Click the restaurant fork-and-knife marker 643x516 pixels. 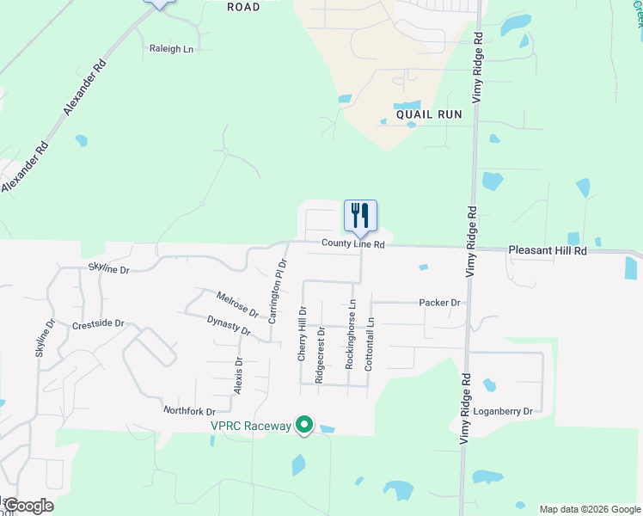[x=360, y=216]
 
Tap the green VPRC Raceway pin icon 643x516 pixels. [x=303, y=425]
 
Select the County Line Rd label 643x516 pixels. [x=352, y=244]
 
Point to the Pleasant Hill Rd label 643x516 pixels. [x=547, y=250]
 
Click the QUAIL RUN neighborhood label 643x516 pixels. [x=429, y=114]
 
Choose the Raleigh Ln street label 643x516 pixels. [x=172, y=49]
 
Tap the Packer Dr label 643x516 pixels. [x=439, y=303]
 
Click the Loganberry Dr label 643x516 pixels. [x=504, y=411]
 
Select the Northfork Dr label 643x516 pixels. [x=188, y=411]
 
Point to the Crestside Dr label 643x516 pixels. [x=98, y=325]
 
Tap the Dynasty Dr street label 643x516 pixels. [x=229, y=326]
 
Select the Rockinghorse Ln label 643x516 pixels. [x=351, y=335]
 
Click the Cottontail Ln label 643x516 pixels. [x=370, y=344]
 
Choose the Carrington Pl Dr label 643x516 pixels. [x=276, y=290]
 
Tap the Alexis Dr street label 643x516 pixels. [x=239, y=376]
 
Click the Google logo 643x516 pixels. [x=28, y=506]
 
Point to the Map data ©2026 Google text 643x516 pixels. [x=589, y=509]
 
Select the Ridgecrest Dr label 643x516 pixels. [x=320, y=354]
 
